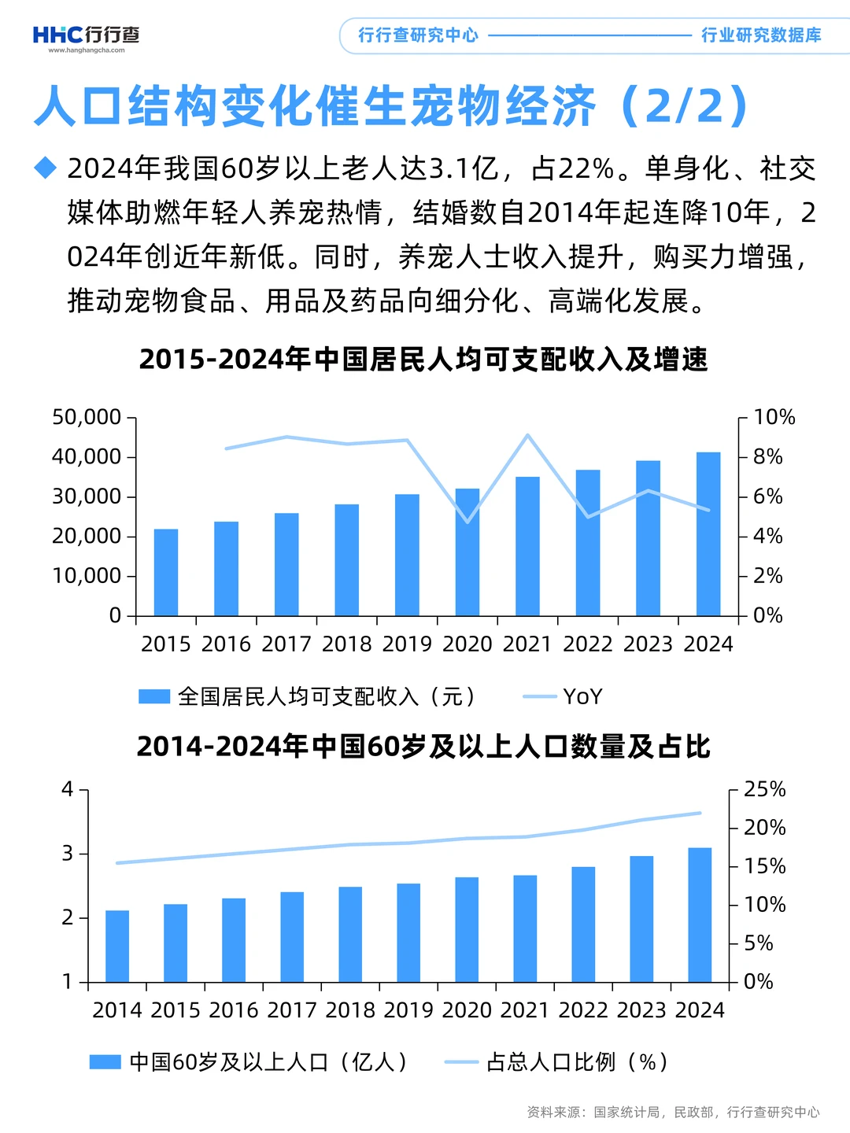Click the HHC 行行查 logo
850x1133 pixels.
tap(86, 35)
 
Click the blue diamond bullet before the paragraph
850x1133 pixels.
tap(46, 168)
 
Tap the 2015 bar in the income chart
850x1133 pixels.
tap(165, 572)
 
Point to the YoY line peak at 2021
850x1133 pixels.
tap(527, 435)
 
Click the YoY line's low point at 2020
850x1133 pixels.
tap(468, 521)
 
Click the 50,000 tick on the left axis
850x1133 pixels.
tap(87, 417)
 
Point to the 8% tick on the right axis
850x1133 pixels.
tap(767, 457)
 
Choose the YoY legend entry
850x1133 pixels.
tap(564, 696)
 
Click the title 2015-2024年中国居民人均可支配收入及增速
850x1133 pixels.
tap(423, 360)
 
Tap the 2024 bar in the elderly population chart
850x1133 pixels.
tap(700, 914)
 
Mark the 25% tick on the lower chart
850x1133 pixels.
tap(764, 789)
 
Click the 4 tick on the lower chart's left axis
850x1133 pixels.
tap(68, 789)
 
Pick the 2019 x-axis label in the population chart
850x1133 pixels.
tap(408, 1010)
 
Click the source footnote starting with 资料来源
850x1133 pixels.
tap(673, 1112)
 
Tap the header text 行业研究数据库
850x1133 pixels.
tap(760, 35)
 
